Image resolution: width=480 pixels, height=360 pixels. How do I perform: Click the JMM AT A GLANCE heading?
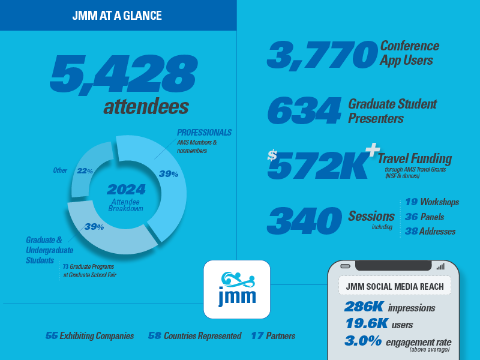click(117, 16)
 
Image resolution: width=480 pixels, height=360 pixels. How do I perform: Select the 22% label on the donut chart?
click(85, 171)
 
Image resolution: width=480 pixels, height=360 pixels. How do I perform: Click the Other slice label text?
click(60, 170)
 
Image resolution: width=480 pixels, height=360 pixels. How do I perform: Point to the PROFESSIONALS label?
click(204, 133)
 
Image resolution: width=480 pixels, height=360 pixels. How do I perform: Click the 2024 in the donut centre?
click(126, 190)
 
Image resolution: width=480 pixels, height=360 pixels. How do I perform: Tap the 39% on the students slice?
click(94, 227)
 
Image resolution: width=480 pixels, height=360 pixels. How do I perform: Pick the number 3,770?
click(322, 55)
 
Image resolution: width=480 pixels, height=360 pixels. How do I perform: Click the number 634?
click(304, 110)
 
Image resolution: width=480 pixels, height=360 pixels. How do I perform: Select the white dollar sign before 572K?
click(272, 155)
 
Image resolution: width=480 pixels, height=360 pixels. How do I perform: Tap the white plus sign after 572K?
click(373, 149)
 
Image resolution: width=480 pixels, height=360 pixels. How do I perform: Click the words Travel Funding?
click(415, 158)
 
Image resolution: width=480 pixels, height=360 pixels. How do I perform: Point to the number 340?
click(304, 220)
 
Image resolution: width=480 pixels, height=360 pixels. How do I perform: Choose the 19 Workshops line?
click(432, 202)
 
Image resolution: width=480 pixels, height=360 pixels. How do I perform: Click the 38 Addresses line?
click(430, 232)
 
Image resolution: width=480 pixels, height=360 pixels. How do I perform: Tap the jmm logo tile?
click(237, 289)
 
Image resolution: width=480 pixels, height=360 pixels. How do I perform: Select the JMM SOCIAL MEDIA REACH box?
click(395, 286)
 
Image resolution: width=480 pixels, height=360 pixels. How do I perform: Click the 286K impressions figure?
click(389, 307)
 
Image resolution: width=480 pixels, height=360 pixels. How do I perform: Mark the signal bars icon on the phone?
click(440, 266)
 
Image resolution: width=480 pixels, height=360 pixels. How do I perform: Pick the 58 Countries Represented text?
click(194, 336)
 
